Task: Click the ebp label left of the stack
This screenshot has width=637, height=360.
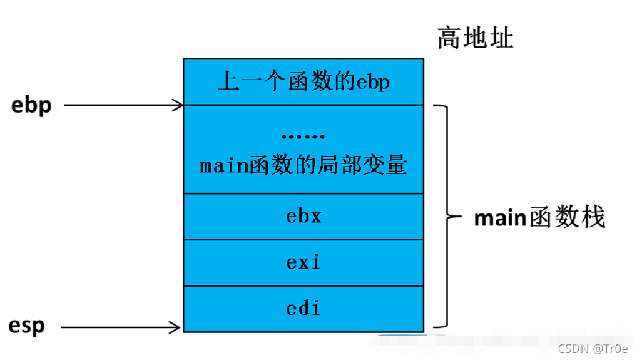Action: tap(31, 105)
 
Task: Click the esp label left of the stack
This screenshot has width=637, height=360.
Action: tap(26, 326)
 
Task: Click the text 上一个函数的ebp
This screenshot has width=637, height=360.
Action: tap(303, 81)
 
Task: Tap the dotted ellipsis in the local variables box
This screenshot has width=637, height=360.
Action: tap(303, 136)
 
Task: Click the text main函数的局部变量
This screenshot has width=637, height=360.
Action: tap(303, 166)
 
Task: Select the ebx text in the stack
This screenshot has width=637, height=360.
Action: tap(303, 216)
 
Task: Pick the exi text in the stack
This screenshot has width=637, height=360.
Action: tap(303, 262)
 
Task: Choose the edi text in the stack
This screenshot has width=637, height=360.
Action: tap(303, 308)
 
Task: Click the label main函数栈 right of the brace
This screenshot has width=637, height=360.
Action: tap(539, 219)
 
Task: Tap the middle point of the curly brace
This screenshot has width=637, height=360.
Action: tap(449, 217)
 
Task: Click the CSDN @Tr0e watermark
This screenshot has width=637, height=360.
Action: tap(593, 348)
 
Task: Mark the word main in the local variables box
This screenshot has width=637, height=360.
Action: tap(222, 166)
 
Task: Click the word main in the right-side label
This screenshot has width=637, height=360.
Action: tap(498, 219)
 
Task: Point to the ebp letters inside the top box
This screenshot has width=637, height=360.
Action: tap(373, 82)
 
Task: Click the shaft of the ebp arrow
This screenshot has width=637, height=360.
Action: tap(119, 105)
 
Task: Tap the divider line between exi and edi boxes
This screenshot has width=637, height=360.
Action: tap(303, 285)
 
